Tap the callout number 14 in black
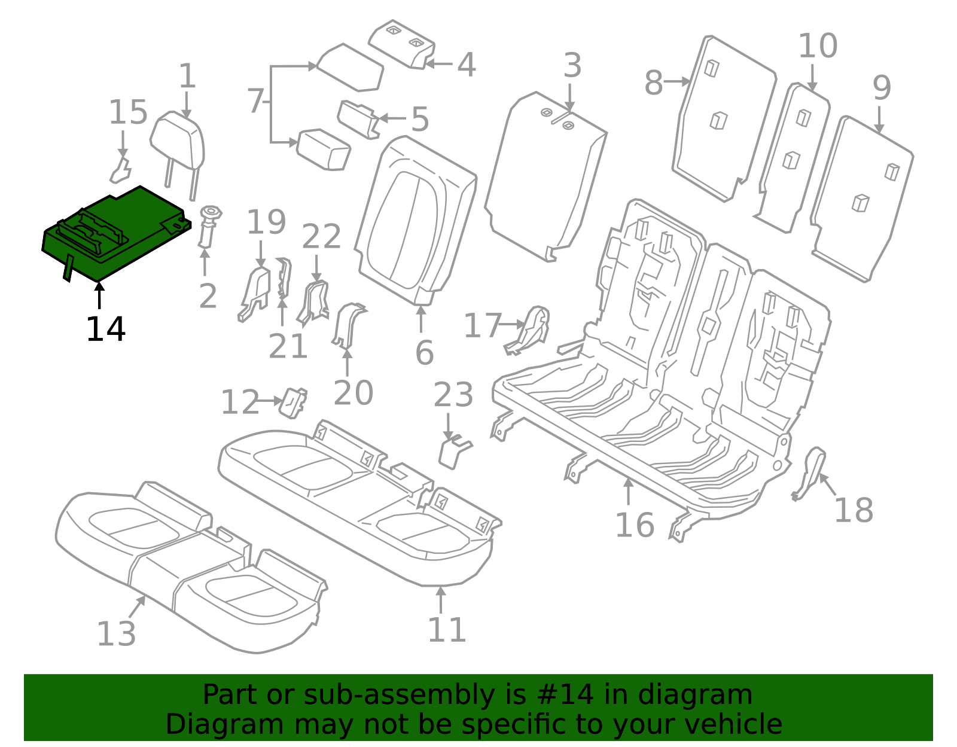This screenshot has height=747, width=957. click(106, 330)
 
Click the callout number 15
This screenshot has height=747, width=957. click(128, 113)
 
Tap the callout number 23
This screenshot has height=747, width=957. click(453, 395)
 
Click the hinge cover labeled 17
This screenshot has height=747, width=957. click(532, 329)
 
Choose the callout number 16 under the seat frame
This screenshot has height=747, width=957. click(635, 525)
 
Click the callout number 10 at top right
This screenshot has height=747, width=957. click(818, 46)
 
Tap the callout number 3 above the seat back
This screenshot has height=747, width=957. click(572, 65)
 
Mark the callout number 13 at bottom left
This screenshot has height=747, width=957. click(116, 633)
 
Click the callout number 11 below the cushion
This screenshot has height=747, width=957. click(447, 630)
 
